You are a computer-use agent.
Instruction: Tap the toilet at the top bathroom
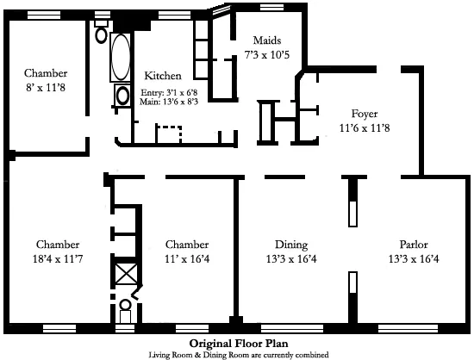(x=101, y=35)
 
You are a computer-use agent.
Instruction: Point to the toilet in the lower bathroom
(x=126, y=305)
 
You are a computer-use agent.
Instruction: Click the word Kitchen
(x=162, y=75)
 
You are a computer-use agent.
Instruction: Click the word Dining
(x=290, y=244)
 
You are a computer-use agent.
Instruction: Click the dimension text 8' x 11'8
(x=45, y=87)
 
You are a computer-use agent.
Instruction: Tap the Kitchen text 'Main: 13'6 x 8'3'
(x=170, y=101)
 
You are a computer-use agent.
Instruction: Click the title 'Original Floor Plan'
(x=237, y=342)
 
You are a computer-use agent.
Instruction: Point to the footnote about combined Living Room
(x=237, y=353)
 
